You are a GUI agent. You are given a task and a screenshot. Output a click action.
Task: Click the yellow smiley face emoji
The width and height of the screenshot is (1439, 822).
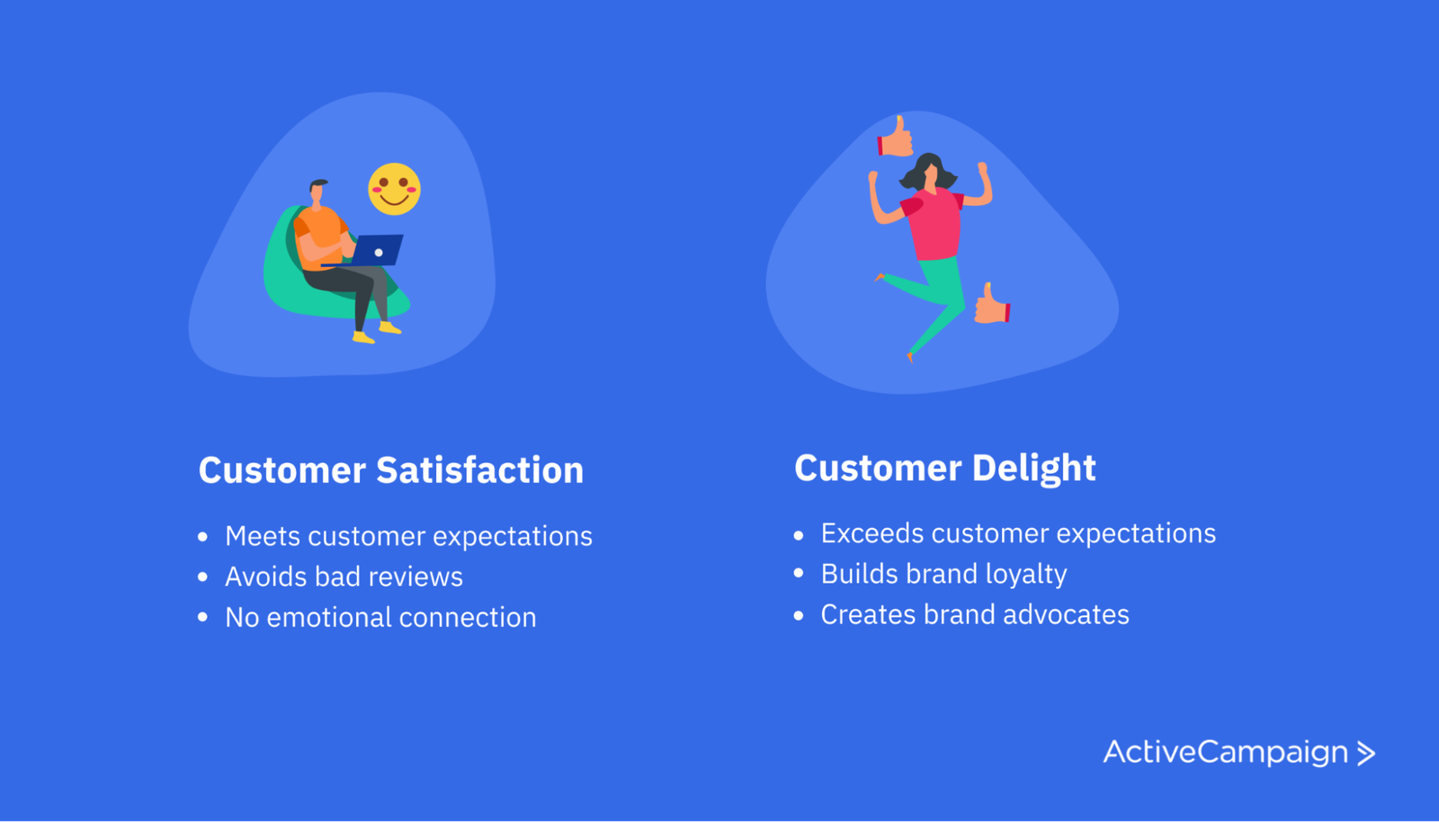(x=394, y=189)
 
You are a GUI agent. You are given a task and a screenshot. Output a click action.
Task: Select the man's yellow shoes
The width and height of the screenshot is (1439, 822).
(x=376, y=333)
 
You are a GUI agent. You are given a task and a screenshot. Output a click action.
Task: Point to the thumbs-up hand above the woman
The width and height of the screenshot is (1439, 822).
(x=896, y=138)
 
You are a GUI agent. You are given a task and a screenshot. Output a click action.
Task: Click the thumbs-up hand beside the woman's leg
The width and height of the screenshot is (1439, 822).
(x=992, y=306)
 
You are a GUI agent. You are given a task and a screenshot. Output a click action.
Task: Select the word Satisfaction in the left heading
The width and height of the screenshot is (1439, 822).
(x=479, y=470)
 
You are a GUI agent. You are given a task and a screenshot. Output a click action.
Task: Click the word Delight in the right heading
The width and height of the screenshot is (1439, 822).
(x=1033, y=468)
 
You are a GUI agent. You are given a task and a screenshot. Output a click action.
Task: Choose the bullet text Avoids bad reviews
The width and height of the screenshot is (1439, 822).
(x=344, y=576)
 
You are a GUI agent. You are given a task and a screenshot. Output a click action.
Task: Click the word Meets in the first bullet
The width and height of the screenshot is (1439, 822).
(x=263, y=536)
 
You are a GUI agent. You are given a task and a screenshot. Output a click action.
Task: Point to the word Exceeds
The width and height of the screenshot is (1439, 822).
(x=871, y=533)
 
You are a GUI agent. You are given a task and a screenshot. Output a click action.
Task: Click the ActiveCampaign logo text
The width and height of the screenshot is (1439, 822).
(x=1225, y=752)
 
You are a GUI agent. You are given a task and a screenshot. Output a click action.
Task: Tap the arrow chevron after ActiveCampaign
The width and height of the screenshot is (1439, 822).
(x=1366, y=753)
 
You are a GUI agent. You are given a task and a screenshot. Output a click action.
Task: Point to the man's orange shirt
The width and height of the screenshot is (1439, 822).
(x=321, y=230)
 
